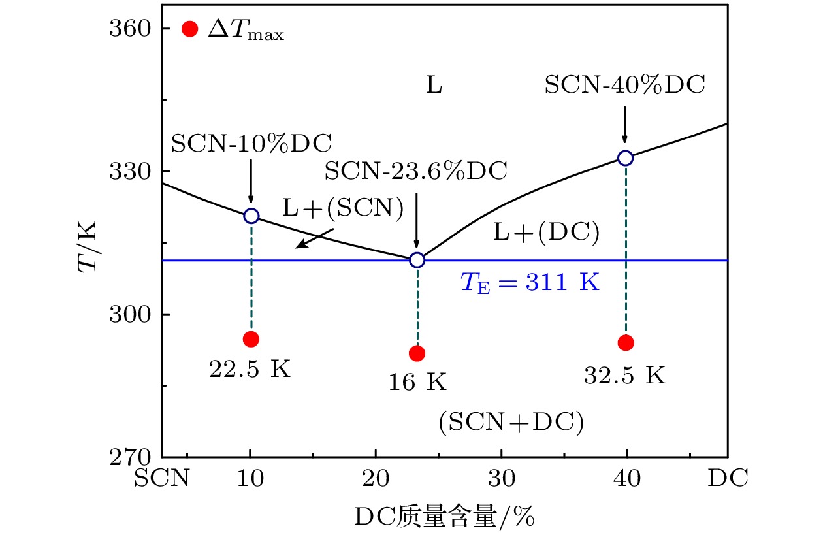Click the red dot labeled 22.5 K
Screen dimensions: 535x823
(x=251, y=338)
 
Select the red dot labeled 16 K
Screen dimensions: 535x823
(x=417, y=353)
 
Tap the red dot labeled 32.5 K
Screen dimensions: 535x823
(x=626, y=342)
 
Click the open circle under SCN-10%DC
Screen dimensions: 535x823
(x=251, y=216)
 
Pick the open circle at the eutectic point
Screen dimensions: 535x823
(x=417, y=260)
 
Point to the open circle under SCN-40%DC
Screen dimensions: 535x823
(x=626, y=158)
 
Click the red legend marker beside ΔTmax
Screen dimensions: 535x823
(x=190, y=29)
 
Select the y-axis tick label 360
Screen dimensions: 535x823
(x=131, y=29)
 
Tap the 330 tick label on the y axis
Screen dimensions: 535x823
(x=131, y=172)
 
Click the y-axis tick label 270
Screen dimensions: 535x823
(x=131, y=457)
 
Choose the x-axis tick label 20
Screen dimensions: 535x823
(x=375, y=479)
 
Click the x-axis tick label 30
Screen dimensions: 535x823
(x=501, y=479)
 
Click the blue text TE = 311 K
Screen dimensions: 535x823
(x=530, y=284)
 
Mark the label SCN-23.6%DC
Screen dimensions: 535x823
(x=416, y=171)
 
